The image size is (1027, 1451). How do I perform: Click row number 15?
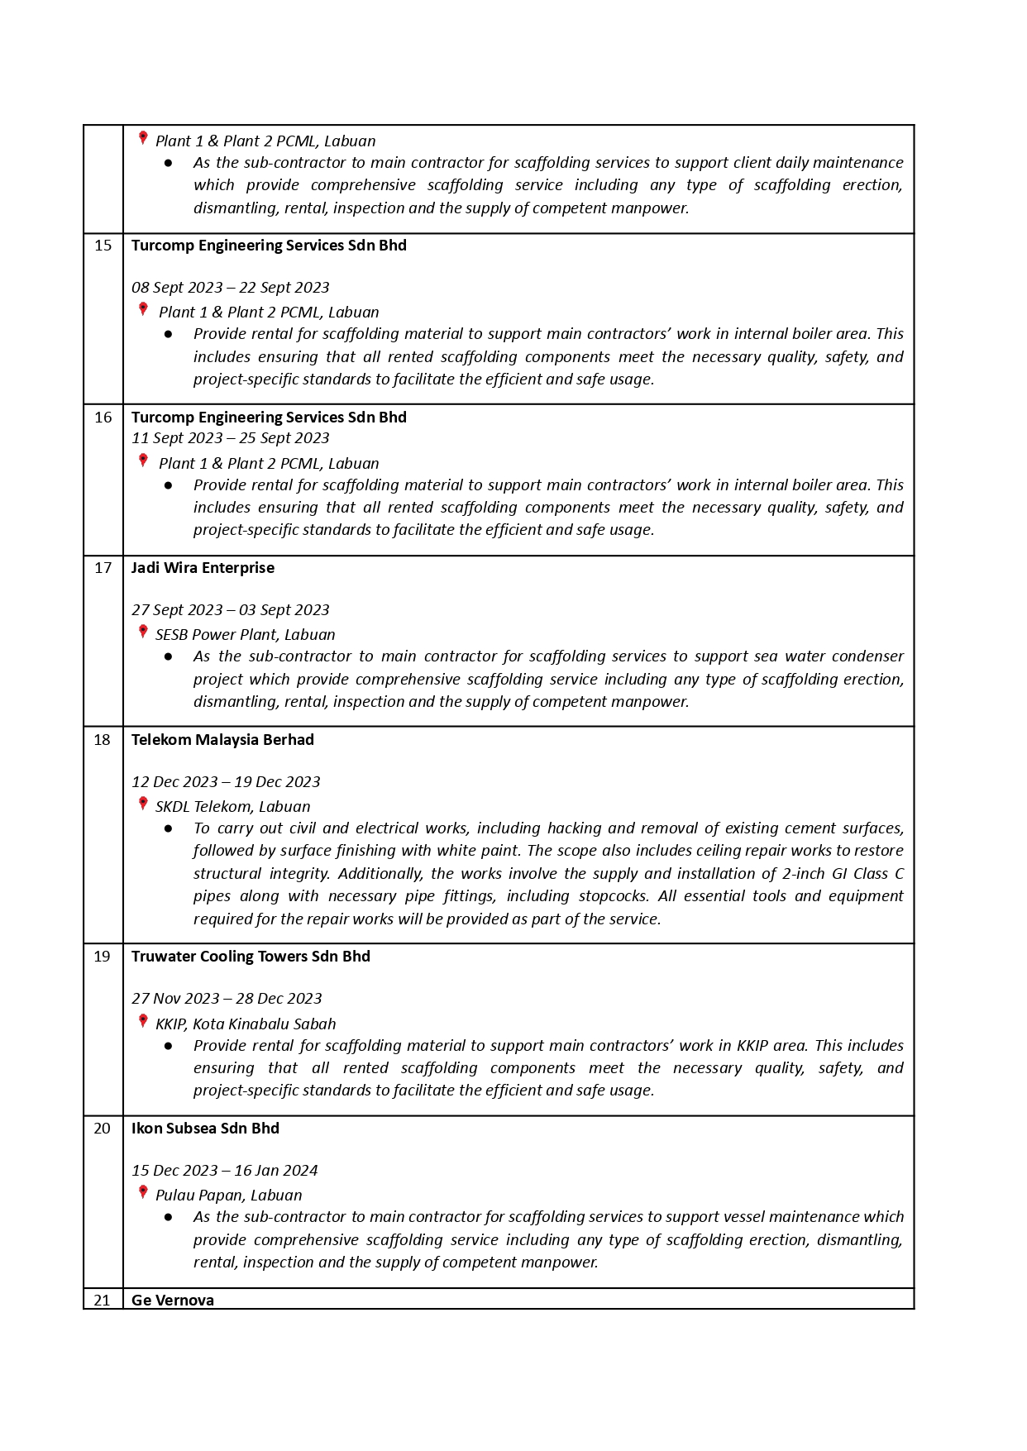click(x=103, y=246)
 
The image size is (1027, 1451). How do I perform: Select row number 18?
click(x=102, y=740)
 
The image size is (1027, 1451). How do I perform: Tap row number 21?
click(x=102, y=1300)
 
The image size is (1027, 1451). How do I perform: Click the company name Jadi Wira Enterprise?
click(x=203, y=568)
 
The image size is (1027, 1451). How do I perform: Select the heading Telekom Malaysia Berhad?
click(x=222, y=740)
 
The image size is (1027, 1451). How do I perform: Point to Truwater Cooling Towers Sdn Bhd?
click(x=251, y=957)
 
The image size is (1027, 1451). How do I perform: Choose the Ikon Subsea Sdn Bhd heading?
click(x=205, y=1129)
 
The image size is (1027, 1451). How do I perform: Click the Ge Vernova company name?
click(x=173, y=1300)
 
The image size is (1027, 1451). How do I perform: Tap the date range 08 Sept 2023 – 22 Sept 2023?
click(x=230, y=288)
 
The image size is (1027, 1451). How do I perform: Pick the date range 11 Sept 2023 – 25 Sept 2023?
click(x=230, y=438)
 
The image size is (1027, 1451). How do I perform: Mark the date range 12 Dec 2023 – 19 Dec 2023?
click(x=226, y=782)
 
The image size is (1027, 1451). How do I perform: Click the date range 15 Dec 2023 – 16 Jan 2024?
click(x=224, y=1171)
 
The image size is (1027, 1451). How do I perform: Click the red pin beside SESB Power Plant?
click(x=143, y=632)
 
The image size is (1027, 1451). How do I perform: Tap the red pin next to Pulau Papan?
click(x=143, y=1193)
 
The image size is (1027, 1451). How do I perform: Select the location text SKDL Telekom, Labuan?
click(x=233, y=807)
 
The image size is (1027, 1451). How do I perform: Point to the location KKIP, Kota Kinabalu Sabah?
click(x=246, y=1024)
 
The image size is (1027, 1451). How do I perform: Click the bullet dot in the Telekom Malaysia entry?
click(x=169, y=828)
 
